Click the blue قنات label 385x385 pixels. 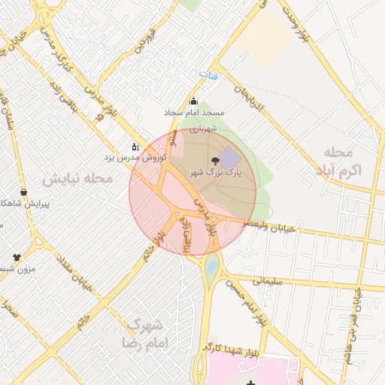[208, 76]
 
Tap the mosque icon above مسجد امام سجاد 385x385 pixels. [193, 102]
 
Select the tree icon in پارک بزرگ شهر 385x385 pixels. [216, 160]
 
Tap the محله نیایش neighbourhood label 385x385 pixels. [77, 179]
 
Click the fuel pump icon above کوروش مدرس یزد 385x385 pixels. [135, 147]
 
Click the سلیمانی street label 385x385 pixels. [266, 280]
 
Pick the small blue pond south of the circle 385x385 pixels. [212, 265]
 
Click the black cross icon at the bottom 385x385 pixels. [250, 384]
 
